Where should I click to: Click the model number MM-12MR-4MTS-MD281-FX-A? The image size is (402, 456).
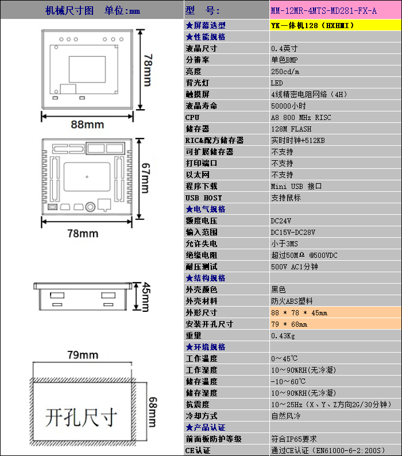(323, 11)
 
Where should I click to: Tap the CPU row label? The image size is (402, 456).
(192, 118)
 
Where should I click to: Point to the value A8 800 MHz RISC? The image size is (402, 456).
(301, 118)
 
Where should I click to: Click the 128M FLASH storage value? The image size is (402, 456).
(291, 129)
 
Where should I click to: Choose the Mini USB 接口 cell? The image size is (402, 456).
(296, 186)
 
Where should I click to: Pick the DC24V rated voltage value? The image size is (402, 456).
(281, 221)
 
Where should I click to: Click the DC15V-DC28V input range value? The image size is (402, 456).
(293, 233)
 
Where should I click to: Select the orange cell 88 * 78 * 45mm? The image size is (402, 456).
(299, 313)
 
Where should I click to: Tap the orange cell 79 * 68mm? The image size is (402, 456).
(289, 324)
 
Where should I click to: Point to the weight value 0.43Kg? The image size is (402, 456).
(283, 336)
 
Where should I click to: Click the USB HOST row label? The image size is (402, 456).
(204, 198)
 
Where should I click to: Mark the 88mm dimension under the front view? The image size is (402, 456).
(87, 125)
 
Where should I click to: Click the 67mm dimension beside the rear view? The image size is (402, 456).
(145, 178)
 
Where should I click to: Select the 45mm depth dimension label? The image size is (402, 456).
(145, 297)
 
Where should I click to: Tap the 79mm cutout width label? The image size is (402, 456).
(83, 355)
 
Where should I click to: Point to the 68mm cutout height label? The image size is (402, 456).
(152, 412)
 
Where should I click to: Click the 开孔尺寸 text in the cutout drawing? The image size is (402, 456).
(81, 418)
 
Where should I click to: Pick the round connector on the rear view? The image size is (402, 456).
(90, 207)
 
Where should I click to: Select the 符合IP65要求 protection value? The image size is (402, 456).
(294, 439)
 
